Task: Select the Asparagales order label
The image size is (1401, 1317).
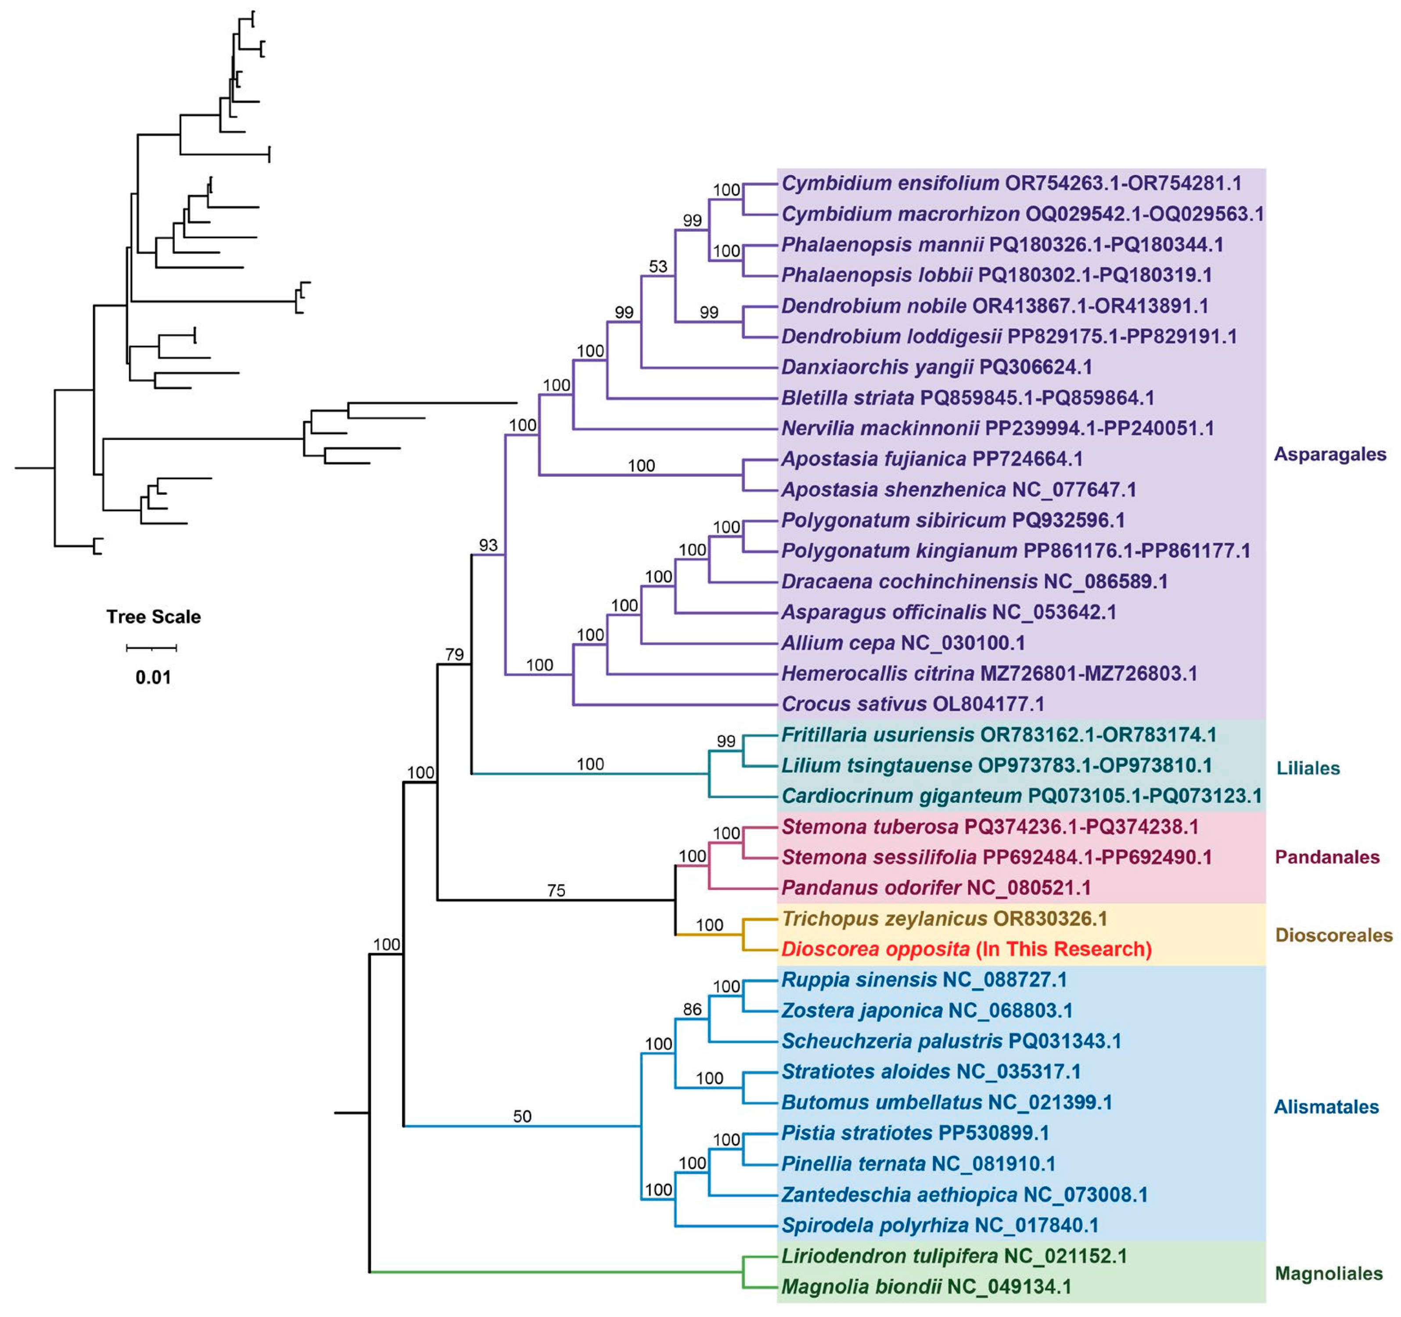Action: point(1329,454)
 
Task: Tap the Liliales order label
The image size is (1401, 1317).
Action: point(1308,768)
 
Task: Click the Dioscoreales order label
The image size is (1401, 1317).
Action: point(1333,935)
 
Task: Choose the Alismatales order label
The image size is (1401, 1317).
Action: point(1326,1106)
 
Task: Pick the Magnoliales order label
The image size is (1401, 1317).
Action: point(1329,1273)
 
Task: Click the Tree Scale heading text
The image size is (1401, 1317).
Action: point(154,617)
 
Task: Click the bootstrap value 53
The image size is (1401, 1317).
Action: point(657,266)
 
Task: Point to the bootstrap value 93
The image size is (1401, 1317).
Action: point(488,545)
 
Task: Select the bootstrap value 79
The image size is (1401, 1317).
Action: point(454,654)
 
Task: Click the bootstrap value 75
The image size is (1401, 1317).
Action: point(556,890)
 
